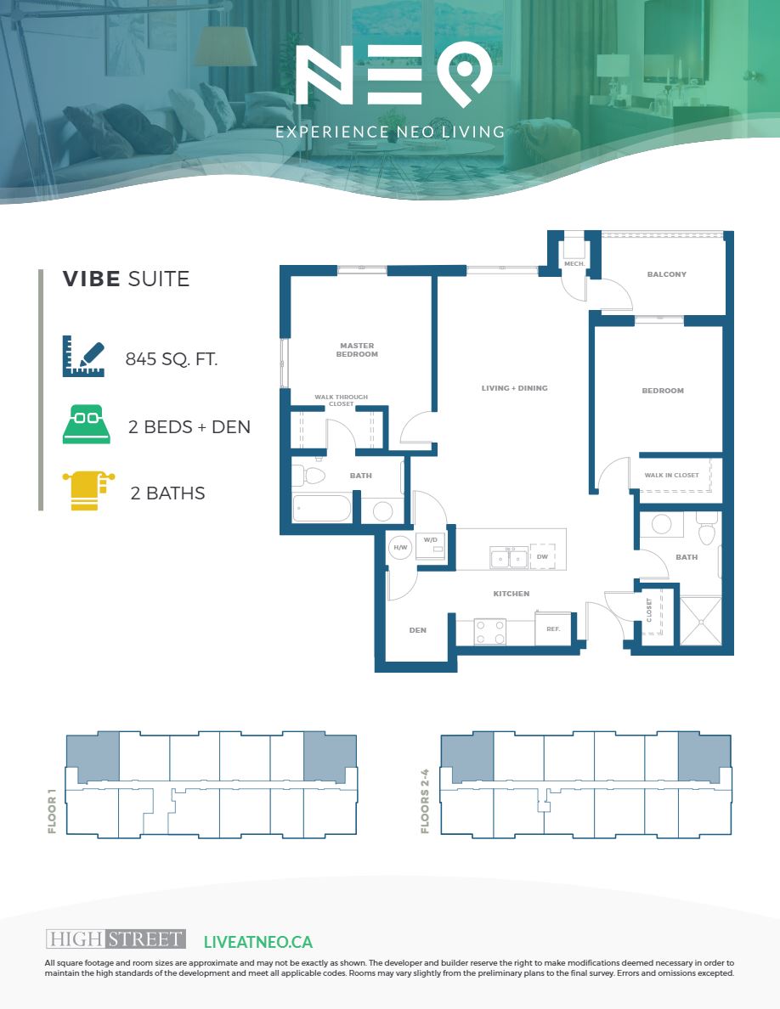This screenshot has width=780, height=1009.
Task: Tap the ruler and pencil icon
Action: coord(83,356)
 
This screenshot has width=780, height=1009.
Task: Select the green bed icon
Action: coord(86,424)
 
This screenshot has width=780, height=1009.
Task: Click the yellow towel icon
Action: coord(88,490)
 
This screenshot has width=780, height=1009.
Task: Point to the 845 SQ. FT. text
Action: coord(172,359)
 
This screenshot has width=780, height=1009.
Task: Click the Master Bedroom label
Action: coord(357,350)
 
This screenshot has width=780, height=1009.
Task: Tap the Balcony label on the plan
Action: coord(667,274)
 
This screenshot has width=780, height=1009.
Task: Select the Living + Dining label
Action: coord(514,388)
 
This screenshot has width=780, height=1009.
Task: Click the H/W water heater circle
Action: coord(400,548)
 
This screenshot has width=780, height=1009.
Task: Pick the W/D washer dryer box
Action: coord(431,546)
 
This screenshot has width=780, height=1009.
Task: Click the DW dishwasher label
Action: coord(543,556)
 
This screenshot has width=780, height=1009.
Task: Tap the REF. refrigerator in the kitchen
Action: coord(553,629)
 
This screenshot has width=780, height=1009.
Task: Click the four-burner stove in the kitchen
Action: coord(489,631)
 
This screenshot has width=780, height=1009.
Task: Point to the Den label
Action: coord(418,630)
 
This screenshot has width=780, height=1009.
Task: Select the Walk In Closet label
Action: coord(672,475)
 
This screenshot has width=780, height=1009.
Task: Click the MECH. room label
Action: coord(574,264)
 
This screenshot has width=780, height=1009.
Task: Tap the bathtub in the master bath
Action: coord(322,509)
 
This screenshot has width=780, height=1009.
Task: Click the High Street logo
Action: coord(116,939)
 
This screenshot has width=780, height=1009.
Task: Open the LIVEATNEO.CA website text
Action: coord(258,942)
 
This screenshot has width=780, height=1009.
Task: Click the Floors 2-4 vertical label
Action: coord(425,801)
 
